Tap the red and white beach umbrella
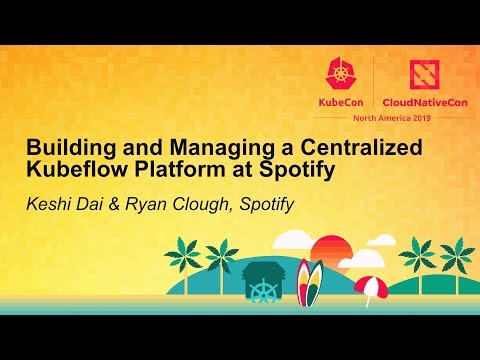coord(369,286)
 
